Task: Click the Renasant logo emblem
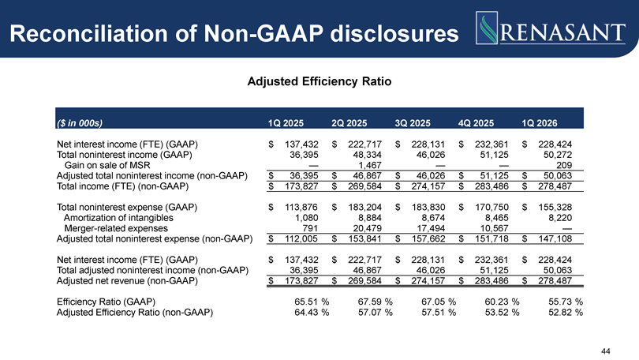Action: pyautogui.click(x=487, y=28)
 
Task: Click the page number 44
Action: pyautogui.click(x=606, y=351)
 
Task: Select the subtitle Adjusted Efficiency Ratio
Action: pyautogui.click(x=319, y=81)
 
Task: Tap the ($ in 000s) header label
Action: pyautogui.click(x=80, y=123)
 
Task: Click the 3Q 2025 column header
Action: pyautogui.click(x=413, y=123)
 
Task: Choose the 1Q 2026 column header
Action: pyautogui.click(x=539, y=123)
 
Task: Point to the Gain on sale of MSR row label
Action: pyautogui.click(x=107, y=165)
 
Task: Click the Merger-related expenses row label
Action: pyautogui.click(x=116, y=228)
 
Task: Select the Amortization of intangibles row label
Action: pyautogui.click(x=118, y=218)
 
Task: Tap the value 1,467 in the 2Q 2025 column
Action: pyautogui.click(x=370, y=165)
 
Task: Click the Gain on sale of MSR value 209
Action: pyautogui.click(x=564, y=165)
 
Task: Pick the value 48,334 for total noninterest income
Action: pyautogui.click(x=367, y=155)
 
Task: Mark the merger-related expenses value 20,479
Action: pyautogui.click(x=367, y=228)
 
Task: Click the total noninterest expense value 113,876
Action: pyautogui.click(x=301, y=207)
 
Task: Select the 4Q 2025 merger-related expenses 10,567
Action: pyautogui.click(x=495, y=228)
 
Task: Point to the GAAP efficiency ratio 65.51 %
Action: pyautogui.click(x=312, y=302)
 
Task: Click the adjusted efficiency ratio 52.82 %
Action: pyautogui.click(x=566, y=313)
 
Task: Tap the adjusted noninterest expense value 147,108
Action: pyautogui.click(x=555, y=239)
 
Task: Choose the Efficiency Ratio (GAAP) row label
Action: pyautogui.click(x=106, y=302)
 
